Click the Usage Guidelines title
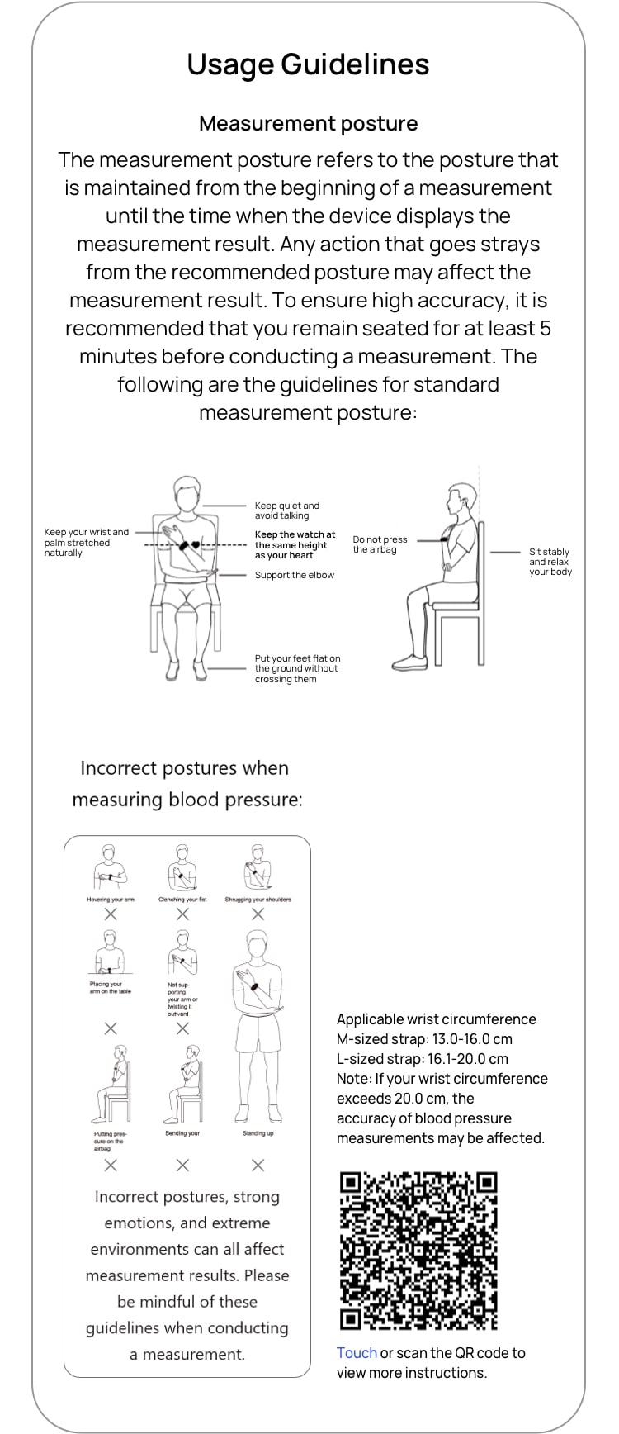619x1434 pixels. tap(308, 64)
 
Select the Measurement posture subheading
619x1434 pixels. tap(308, 124)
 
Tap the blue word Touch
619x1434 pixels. tap(357, 1353)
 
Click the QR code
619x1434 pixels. tap(418, 1251)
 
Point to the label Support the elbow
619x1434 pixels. tap(294, 575)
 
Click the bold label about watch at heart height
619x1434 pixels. tap(295, 545)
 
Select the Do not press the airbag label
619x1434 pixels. tap(380, 544)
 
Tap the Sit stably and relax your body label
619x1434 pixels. tap(550, 562)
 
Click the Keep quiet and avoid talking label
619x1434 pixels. tap(286, 510)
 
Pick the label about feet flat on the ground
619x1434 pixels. tap(297, 669)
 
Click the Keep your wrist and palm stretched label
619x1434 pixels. tap(86, 543)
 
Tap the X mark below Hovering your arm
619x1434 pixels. tap(111, 914)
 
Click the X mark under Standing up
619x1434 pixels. tap(258, 1165)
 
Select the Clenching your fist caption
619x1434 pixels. tap(182, 900)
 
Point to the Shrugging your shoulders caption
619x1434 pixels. tap(258, 900)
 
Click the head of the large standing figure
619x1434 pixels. tap(258, 946)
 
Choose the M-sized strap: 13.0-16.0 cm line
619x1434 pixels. tap(424, 1039)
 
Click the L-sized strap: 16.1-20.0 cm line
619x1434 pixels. tap(422, 1059)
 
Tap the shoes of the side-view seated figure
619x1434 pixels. tap(409, 662)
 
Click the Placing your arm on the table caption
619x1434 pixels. tap(110, 987)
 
